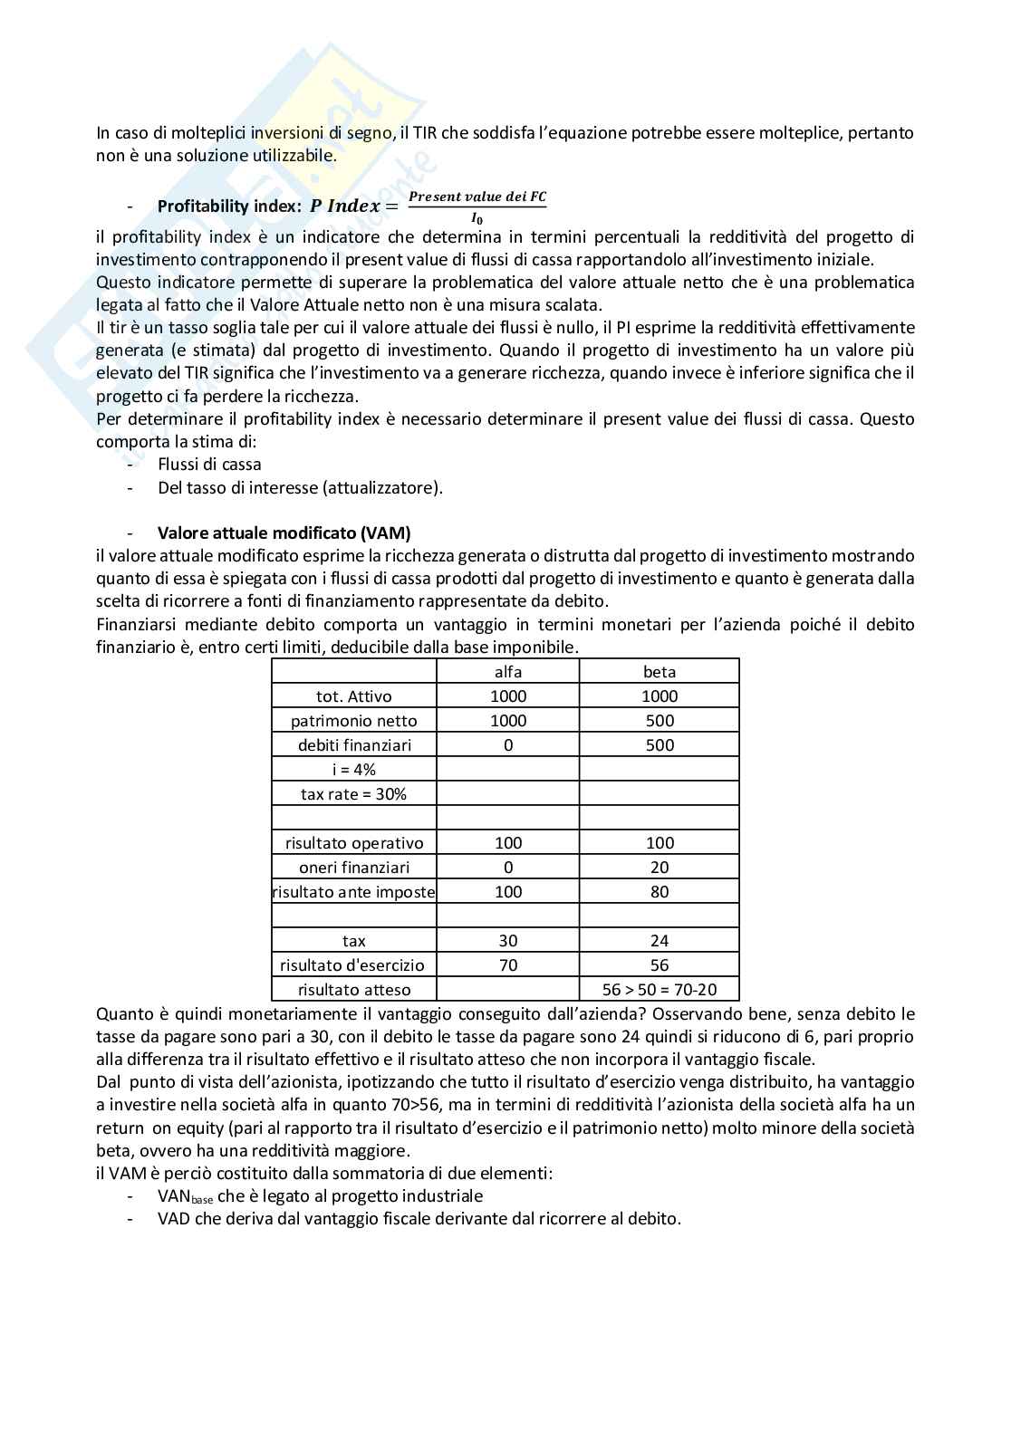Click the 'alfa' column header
[x=507, y=671]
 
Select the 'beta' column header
[x=659, y=671]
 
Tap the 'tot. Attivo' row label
[x=353, y=696]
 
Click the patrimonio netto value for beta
[x=659, y=720]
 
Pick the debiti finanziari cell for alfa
[x=507, y=744]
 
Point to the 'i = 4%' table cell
[x=353, y=769]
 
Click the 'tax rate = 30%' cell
[x=353, y=793]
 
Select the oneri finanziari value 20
[x=659, y=867]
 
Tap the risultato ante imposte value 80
[x=659, y=891]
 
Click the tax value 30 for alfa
[x=507, y=941]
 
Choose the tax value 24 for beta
[x=659, y=941]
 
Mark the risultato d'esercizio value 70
[x=507, y=965]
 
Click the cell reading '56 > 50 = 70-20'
[x=659, y=989]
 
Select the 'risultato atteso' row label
[x=353, y=989]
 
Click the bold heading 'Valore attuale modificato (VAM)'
[x=284, y=533]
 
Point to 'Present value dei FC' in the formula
[x=477, y=197]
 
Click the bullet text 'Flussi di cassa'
[x=209, y=464]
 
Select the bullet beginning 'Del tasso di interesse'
[x=300, y=487]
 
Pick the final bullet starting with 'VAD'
[x=419, y=1218]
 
